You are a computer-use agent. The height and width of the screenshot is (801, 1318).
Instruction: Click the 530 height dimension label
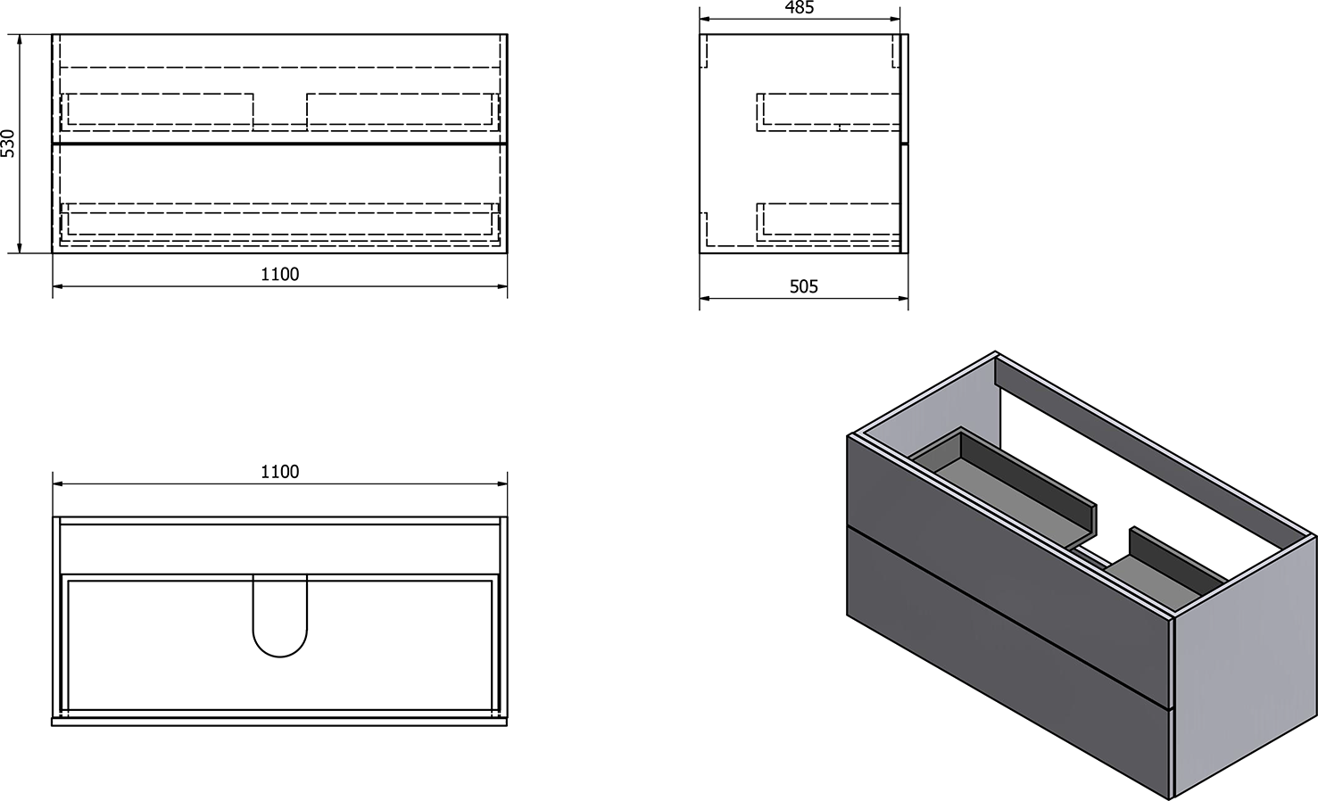click(8, 144)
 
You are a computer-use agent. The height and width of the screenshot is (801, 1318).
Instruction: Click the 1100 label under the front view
click(280, 275)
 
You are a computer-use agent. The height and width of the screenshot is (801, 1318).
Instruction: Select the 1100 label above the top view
click(280, 472)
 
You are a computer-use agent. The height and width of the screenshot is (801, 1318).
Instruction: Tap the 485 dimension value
click(800, 8)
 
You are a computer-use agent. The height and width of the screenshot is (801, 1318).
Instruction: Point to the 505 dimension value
click(804, 286)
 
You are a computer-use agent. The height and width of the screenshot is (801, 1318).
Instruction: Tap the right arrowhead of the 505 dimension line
click(903, 298)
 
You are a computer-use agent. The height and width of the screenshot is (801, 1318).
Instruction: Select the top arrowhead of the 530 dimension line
click(20, 39)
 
